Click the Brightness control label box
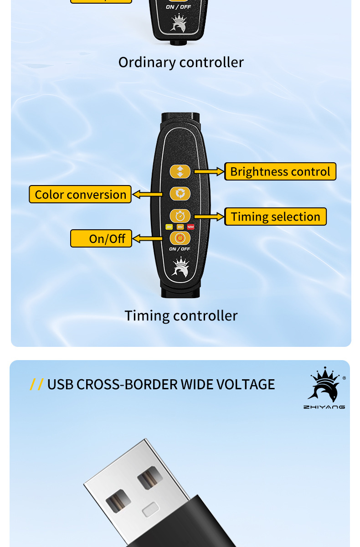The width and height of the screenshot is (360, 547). [x=280, y=171]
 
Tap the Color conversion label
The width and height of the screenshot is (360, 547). [x=80, y=194]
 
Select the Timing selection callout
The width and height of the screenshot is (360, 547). [x=275, y=217]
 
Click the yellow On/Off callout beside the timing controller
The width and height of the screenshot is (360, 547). [x=101, y=238]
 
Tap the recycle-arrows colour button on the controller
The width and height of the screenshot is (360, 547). [x=180, y=194]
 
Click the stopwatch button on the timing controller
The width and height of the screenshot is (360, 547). [x=180, y=216]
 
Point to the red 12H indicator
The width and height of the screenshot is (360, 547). [x=190, y=227]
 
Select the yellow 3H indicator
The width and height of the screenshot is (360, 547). [x=169, y=227]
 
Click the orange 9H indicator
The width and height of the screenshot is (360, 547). [x=180, y=227]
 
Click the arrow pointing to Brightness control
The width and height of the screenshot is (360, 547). [x=209, y=172]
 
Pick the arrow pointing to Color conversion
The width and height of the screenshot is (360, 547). [x=147, y=195]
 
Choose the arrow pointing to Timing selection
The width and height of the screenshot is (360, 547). [x=209, y=217]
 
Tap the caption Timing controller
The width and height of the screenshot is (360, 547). [x=181, y=315]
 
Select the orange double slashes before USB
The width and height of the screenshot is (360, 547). [x=36, y=384]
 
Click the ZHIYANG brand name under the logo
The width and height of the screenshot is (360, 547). [x=324, y=407]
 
